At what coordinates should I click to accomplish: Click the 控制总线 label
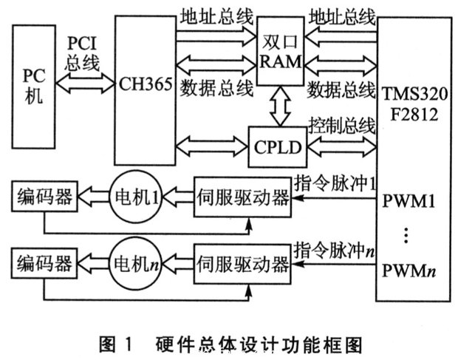pos(341,123)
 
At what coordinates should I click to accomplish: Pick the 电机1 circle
pos(136,197)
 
